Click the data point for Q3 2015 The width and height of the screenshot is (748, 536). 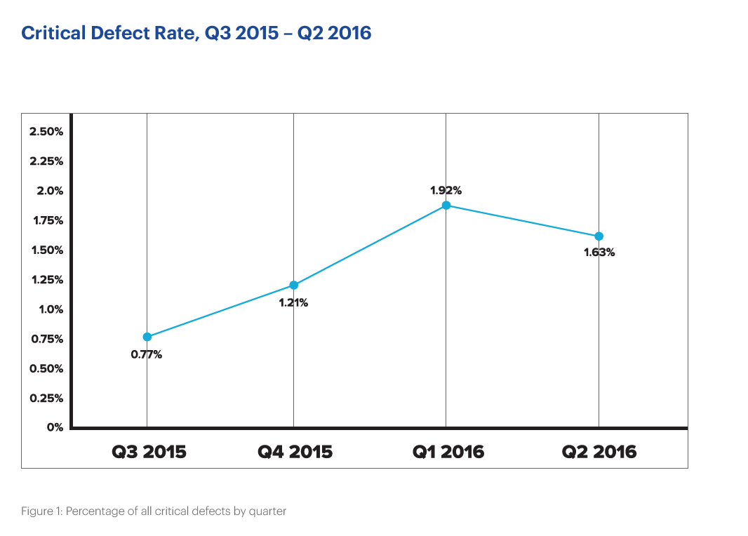(147, 337)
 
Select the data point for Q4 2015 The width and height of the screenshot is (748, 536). (293, 285)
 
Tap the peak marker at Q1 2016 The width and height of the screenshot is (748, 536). (446, 205)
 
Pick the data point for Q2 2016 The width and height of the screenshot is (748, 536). (599, 236)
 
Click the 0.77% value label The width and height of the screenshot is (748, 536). (146, 354)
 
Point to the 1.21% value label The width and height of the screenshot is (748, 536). (293, 302)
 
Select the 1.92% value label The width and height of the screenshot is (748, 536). (446, 190)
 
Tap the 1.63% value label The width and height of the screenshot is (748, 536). (599, 252)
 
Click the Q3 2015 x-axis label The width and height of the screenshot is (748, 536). (149, 451)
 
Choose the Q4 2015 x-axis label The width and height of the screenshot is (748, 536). (295, 451)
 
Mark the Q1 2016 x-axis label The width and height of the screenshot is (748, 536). (448, 451)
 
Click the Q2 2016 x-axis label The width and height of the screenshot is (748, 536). (599, 451)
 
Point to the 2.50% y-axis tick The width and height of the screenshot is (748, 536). (46, 131)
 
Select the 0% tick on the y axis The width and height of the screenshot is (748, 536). (55, 427)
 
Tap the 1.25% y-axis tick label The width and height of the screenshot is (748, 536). (46, 279)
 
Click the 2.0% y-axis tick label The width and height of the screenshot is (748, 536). (50, 191)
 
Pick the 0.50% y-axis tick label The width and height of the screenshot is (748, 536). (46, 368)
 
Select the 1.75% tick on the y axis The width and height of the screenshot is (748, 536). (46, 220)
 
